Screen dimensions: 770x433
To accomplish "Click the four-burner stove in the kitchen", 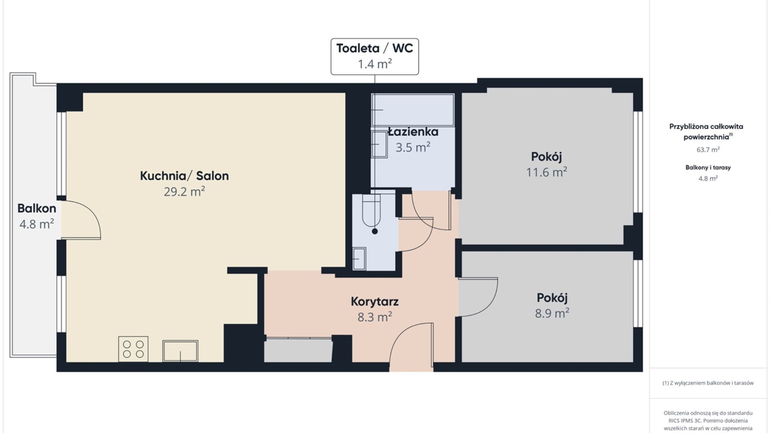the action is pos(133,349).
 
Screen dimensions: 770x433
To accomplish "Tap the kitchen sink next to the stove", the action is pos(180,351).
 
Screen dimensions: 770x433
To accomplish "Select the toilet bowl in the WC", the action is pos(371,210).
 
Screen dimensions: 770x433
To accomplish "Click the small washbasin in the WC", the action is pos(359,259).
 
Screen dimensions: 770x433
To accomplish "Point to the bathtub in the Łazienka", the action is pos(413,110).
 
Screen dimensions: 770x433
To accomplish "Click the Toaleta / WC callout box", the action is pos(375,57).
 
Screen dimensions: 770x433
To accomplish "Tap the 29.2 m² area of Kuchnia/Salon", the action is pos(184,192).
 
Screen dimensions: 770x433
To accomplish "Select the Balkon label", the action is pos(36,208).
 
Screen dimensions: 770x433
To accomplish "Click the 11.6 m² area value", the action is pos(546,172).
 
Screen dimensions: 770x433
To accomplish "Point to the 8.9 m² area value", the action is pos(552,313).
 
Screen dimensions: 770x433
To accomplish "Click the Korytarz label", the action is pos(375,301).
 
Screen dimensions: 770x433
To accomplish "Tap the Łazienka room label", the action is pos(413,132).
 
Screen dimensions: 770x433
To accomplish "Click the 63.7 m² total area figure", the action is pos(708,150).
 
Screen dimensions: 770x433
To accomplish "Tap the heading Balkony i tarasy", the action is pos(708,168).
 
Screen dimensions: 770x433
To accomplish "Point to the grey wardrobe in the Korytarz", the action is pos(298,350).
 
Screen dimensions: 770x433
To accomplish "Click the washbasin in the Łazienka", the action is pos(379,144).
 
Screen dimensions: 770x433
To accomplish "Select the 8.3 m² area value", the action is pos(375,317).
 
